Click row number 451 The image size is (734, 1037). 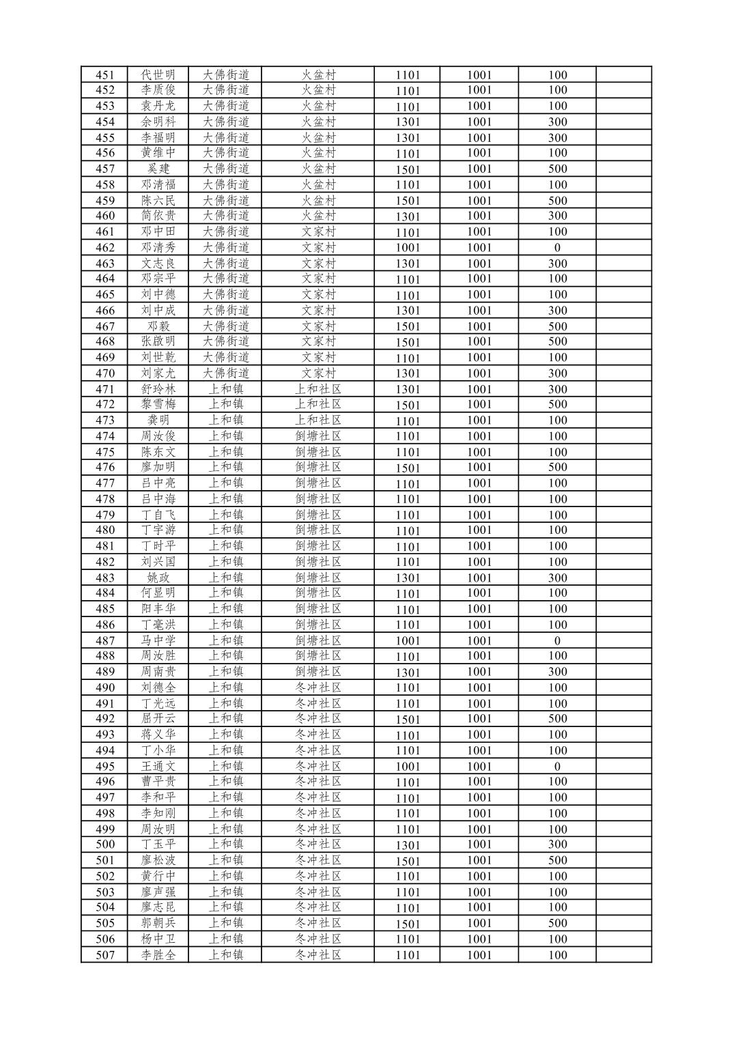(104, 75)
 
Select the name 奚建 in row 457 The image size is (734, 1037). (158, 169)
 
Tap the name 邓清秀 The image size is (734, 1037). (158, 248)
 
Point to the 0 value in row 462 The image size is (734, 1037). (557, 248)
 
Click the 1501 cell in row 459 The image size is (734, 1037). (408, 201)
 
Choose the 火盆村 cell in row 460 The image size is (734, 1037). (318, 216)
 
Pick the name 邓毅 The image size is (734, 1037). (158, 326)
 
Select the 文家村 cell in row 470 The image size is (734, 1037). (318, 373)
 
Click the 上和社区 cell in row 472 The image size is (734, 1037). (318, 404)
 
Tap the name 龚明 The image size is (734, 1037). (158, 421)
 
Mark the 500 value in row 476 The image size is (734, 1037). (557, 467)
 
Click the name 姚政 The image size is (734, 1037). (158, 578)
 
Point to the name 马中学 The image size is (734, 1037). (158, 640)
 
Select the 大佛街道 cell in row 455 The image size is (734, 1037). (226, 137)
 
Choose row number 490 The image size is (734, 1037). (104, 687)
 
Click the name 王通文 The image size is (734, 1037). (158, 766)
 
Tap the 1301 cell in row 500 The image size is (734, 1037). (408, 844)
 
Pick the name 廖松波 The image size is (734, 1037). (158, 860)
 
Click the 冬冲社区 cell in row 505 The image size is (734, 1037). (318, 923)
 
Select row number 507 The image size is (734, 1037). (104, 955)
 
